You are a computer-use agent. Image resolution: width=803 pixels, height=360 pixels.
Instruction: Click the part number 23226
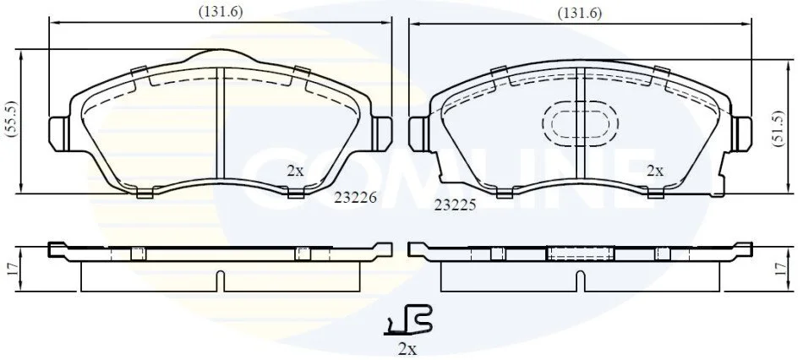[x=355, y=198]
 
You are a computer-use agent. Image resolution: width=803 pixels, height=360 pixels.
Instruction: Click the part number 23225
[x=456, y=205]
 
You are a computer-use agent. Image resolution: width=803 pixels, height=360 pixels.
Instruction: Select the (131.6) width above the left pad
[x=221, y=13]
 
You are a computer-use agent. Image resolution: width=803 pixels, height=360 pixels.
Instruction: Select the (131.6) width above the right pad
[x=580, y=14]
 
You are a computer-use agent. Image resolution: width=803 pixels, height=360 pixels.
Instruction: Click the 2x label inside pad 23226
[x=295, y=171]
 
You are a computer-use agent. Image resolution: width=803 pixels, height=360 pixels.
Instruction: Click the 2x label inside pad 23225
[x=655, y=171]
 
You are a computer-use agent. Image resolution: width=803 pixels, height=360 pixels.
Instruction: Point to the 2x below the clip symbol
[x=407, y=349]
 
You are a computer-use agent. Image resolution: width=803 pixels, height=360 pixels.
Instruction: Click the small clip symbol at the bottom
[x=408, y=321]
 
